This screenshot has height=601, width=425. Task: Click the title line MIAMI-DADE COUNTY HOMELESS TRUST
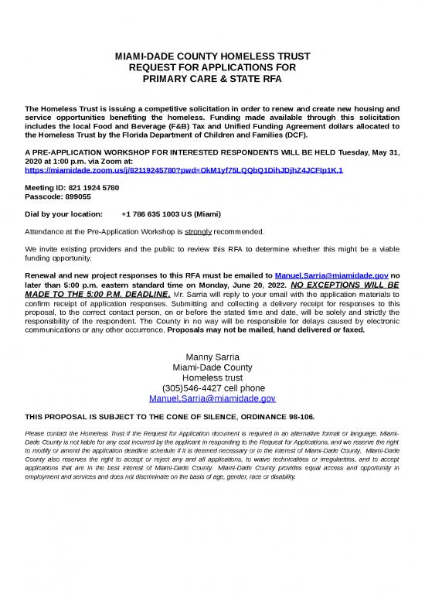click(212, 56)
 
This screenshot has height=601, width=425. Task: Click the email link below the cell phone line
click(212, 398)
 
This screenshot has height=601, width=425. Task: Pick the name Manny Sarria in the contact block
click(212, 357)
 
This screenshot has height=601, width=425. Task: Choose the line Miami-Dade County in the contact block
click(212, 367)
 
